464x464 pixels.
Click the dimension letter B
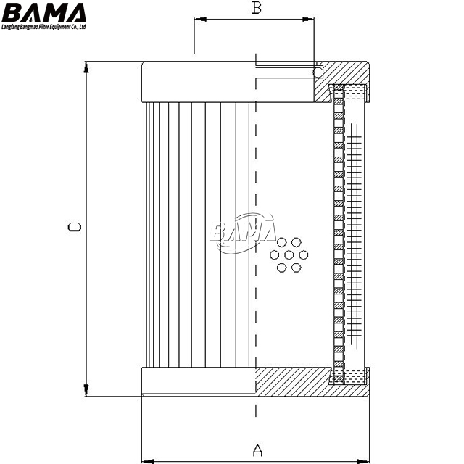(257, 8)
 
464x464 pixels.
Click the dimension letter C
(74, 227)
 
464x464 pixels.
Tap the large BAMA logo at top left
(43, 13)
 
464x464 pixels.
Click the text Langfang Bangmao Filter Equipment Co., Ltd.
(43, 27)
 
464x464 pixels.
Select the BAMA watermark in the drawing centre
(243, 232)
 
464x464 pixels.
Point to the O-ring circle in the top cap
(318, 72)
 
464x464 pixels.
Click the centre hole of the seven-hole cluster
(289, 254)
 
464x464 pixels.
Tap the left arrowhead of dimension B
(200, 20)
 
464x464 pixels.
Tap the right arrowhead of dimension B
(308, 20)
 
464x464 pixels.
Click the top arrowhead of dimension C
(86, 67)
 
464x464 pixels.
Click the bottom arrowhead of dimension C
(86, 390)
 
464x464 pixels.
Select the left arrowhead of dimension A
(148, 461)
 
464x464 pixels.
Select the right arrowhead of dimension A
(363, 461)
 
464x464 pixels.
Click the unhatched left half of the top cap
(198, 82)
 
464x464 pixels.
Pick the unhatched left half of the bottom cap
(198, 381)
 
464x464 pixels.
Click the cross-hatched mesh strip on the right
(354, 233)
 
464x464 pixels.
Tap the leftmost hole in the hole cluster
(274, 254)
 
